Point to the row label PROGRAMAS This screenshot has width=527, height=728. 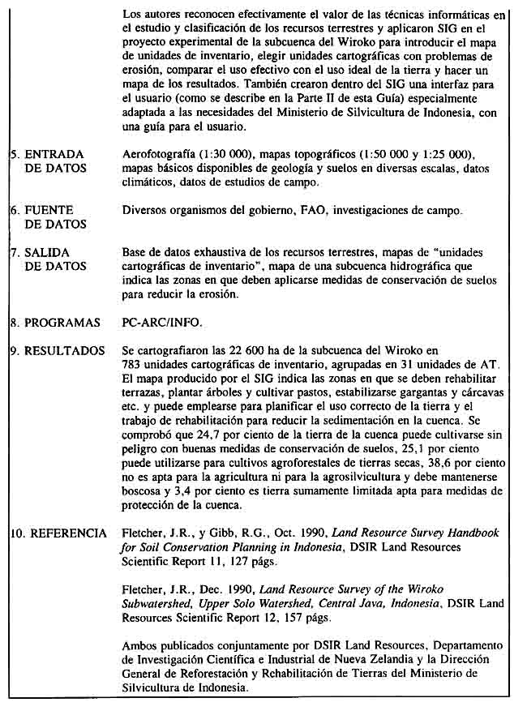tap(62, 322)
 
